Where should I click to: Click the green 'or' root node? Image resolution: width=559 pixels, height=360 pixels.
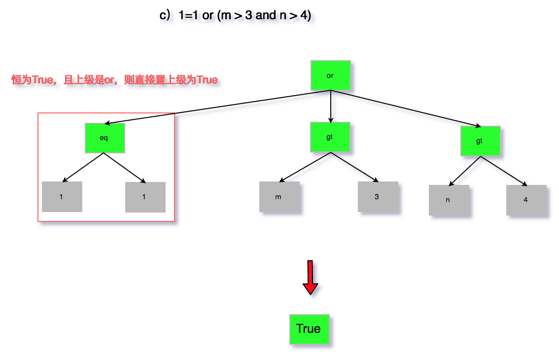click(x=330, y=75)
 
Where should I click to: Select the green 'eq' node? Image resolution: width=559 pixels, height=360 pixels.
click(x=105, y=138)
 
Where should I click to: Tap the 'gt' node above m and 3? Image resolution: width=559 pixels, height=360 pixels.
click(x=330, y=137)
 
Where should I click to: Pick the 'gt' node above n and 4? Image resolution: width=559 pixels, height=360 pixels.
click(x=480, y=141)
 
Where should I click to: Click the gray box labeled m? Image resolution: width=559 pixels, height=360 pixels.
click(x=279, y=197)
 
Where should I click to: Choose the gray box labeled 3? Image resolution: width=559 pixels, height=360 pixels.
click(x=378, y=197)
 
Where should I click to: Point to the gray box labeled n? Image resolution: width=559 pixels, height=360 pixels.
click(x=449, y=200)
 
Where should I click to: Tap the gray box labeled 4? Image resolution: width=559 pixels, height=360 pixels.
click(x=526, y=200)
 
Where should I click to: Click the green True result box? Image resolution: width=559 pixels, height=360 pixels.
click(x=309, y=329)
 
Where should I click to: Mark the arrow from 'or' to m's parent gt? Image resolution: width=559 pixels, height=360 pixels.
click(x=330, y=107)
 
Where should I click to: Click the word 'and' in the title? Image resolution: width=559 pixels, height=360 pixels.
click(x=266, y=15)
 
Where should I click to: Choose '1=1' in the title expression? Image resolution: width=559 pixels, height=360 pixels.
click(x=188, y=15)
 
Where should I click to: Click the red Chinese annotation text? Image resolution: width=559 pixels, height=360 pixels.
click(x=114, y=80)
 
